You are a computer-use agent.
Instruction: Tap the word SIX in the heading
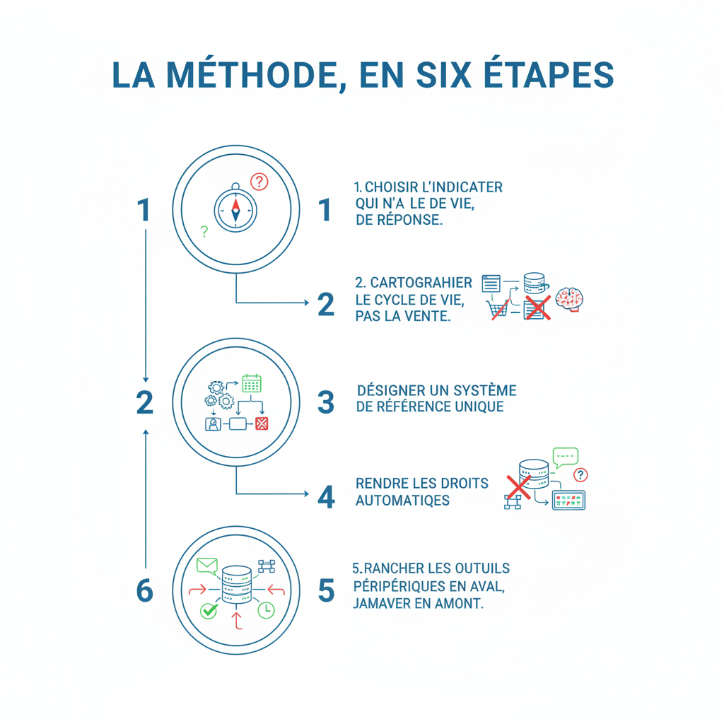click(443, 75)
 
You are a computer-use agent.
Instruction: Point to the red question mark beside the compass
click(259, 182)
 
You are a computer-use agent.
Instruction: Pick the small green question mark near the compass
click(204, 231)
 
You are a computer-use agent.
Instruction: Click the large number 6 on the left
click(144, 590)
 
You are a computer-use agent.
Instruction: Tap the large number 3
click(326, 402)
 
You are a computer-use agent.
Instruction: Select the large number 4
click(326, 497)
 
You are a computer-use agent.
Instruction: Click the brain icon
click(569, 299)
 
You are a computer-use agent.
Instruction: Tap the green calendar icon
click(252, 383)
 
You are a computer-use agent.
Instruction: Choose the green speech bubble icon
click(565, 457)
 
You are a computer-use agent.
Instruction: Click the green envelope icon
click(207, 566)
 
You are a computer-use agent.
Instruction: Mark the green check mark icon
click(209, 610)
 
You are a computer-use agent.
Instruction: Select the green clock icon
click(266, 610)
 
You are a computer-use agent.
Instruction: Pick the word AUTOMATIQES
click(402, 501)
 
